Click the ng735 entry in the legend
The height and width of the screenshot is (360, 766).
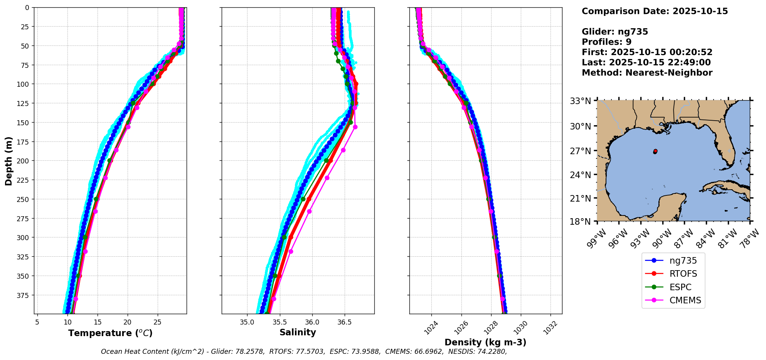tap(683, 261)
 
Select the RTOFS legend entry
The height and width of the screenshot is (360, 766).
tap(683, 274)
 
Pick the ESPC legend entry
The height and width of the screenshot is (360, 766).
tap(680, 288)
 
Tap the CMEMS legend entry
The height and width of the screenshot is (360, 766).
tap(685, 301)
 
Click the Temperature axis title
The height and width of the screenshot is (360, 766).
tap(110, 333)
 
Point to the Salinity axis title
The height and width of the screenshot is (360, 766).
tap(298, 333)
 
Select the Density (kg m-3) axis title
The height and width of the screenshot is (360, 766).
tap(485, 342)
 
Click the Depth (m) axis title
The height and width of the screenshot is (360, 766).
tap(8, 161)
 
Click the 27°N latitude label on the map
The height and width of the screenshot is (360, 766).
tap(581, 151)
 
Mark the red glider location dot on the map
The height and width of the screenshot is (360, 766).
tap(655, 151)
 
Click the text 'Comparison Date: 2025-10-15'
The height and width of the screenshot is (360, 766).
tap(655, 11)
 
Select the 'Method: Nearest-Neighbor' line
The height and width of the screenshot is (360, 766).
tap(647, 73)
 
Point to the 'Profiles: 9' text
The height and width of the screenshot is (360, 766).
tap(606, 42)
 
